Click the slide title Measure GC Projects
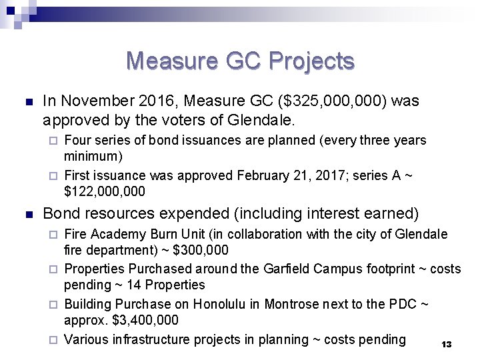tap(240, 61)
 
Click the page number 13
tap(447, 345)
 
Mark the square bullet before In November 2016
tap(27, 102)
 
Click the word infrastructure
tap(147, 339)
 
